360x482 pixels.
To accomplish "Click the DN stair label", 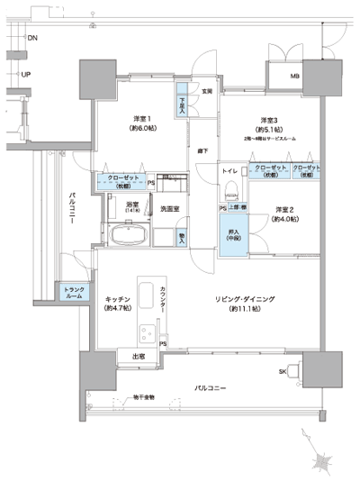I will pos(32,39).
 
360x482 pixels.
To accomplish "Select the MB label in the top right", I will pos(295,76).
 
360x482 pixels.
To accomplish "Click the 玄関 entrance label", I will pos(206,90).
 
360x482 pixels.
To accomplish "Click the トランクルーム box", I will pos(74,292).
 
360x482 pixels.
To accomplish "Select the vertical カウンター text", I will pos(163,302).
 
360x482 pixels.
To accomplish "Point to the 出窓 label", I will pos(139,356).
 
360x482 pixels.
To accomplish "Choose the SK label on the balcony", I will pos(283,371).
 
